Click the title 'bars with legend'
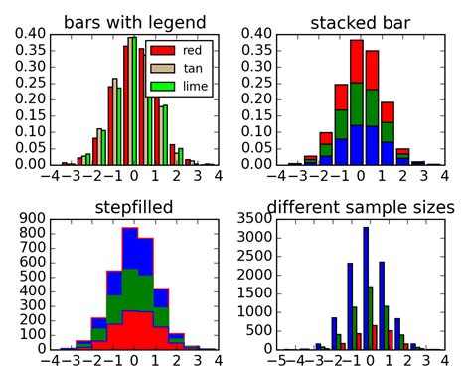134,23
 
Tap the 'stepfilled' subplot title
134,207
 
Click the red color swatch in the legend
162,50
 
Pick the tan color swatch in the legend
162,68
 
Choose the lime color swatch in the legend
162,87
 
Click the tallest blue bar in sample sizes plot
366,288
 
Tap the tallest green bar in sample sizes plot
371,317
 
